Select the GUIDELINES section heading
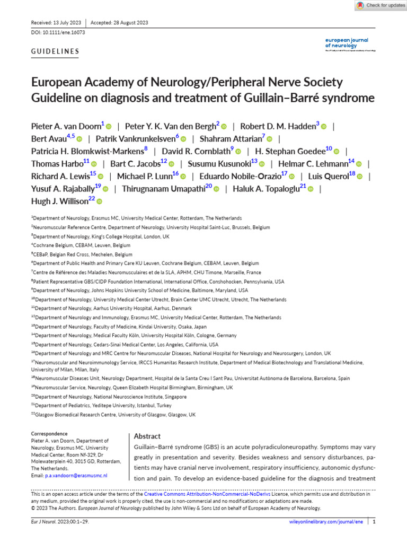click(55, 51)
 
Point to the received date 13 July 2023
click(56, 22)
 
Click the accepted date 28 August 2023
click(119, 22)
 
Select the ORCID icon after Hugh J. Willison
click(99, 201)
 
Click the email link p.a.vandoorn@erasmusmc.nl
click(76, 476)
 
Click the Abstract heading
click(147, 436)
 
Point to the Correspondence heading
click(50, 433)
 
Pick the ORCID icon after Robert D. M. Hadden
click(323, 126)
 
